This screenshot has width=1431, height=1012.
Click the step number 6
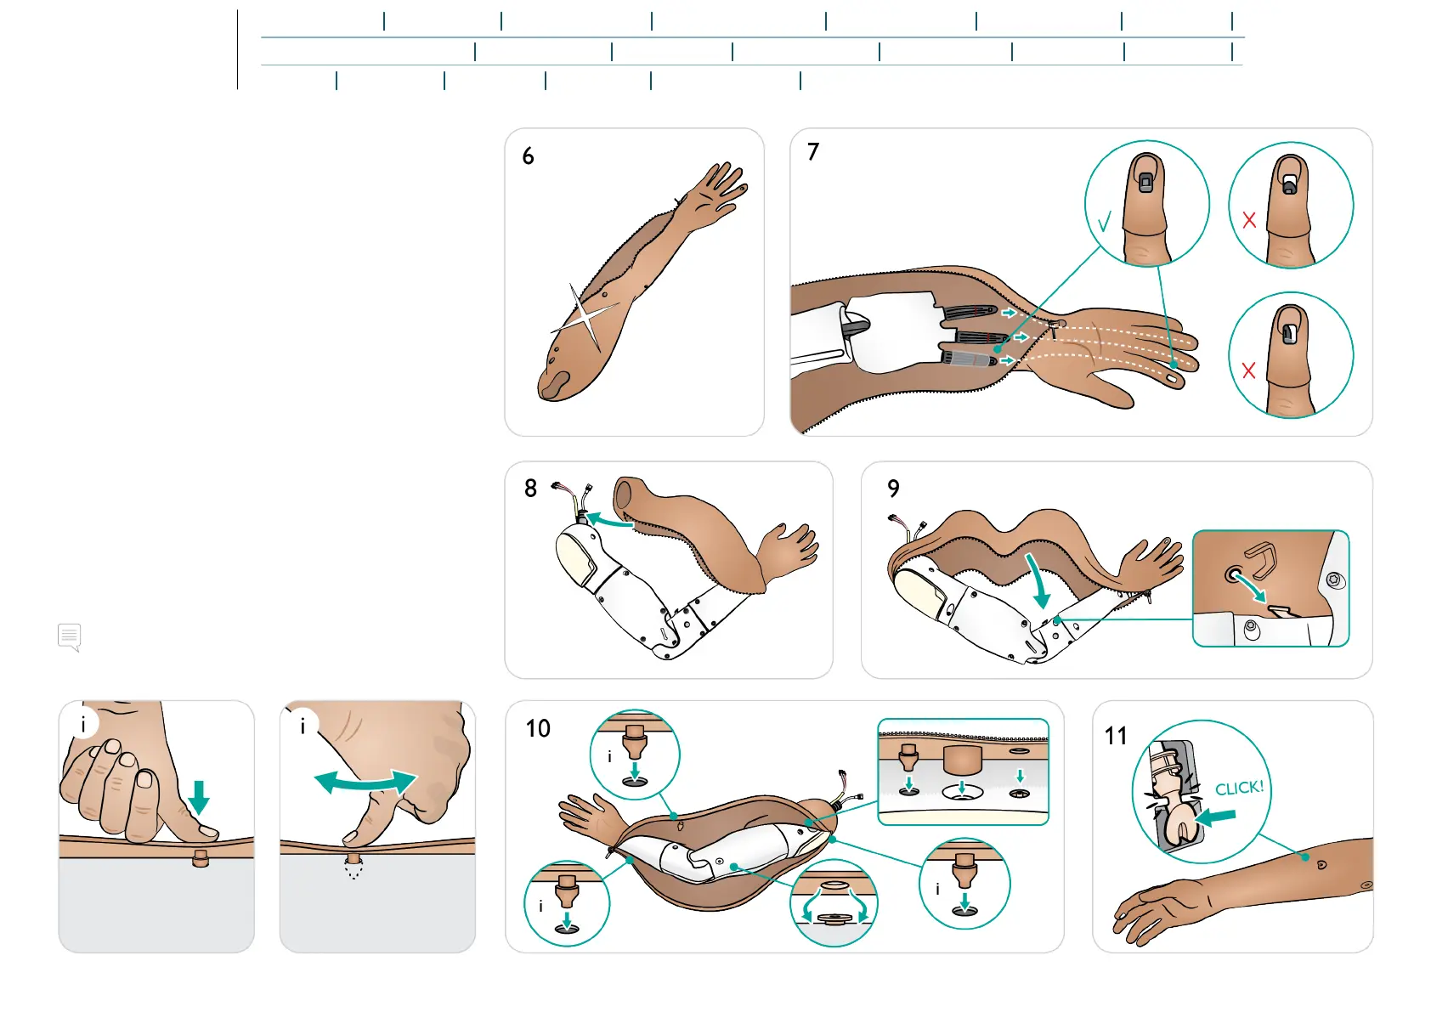[x=528, y=156]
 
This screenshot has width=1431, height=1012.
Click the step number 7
[x=813, y=152]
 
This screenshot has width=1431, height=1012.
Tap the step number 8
[x=530, y=489]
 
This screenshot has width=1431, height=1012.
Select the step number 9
[x=893, y=489]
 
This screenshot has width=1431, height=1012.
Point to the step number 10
[x=538, y=728]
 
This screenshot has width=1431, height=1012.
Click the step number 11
[x=1116, y=736]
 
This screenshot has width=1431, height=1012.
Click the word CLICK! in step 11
[x=1239, y=788]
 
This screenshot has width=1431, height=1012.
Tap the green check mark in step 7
[x=1104, y=223]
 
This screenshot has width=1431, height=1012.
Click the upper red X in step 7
[x=1249, y=221]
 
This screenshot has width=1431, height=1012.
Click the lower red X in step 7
[x=1248, y=370]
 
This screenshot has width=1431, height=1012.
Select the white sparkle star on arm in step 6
[x=585, y=319]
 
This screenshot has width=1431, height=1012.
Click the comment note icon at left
[x=70, y=636]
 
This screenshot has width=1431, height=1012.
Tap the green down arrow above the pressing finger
[x=199, y=796]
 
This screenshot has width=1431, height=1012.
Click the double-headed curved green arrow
[x=365, y=782]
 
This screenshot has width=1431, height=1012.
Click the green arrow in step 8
[x=608, y=519]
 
